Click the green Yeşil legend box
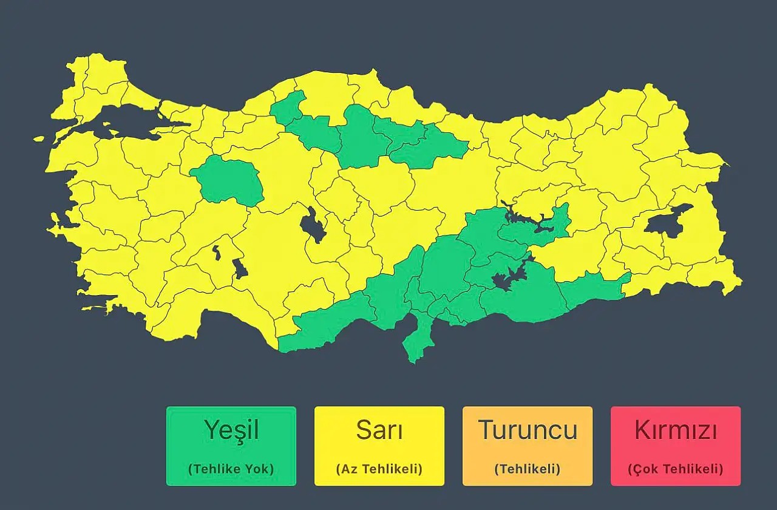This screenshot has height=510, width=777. click(x=231, y=446)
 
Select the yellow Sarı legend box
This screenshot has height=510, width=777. click(x=379, y=446)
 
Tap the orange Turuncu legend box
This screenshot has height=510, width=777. click(x=527, y=446)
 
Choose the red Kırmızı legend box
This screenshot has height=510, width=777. click(x=675, y=446)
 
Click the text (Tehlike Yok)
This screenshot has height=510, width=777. click(x=231, y=469)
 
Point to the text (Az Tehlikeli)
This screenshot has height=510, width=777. click(x=379, y=469)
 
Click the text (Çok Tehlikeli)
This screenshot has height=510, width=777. click(x=675, y=469)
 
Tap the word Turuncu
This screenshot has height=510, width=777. click(x=527, y=430)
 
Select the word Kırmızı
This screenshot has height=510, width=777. click(x=675, y=430)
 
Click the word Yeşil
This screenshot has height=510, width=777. click(x=231, y=430)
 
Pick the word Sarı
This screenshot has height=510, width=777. click(x=379, y=430)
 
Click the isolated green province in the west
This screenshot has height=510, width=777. click(x=228, y=179)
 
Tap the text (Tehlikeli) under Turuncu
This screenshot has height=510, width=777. click(x=527, y=469)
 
